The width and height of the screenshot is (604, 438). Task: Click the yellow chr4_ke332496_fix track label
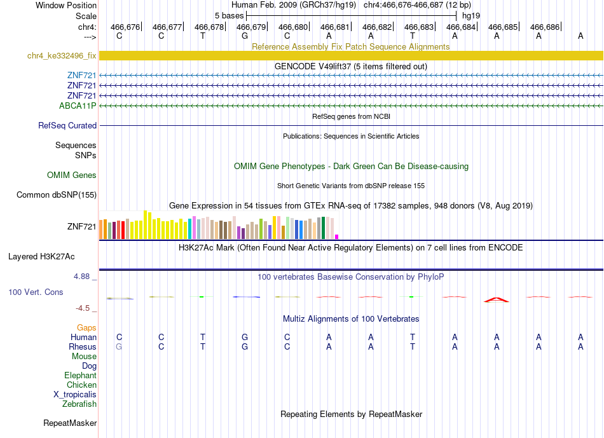[62, 56]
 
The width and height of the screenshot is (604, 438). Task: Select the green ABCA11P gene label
[78, 106]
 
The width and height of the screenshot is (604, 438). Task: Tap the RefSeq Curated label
[67, 126]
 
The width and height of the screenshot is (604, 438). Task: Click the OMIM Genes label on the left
[72, 175]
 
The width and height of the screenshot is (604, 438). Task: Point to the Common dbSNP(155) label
[57, 195]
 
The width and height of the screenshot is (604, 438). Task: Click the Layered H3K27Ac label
[41, 257]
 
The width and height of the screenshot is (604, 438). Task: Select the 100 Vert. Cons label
[36, 292]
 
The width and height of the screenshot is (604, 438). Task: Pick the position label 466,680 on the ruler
[293, 27]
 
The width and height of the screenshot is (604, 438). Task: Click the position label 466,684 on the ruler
[461, 27]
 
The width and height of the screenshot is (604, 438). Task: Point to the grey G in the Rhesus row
[119, 346]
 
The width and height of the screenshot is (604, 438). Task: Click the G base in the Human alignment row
[245, 337]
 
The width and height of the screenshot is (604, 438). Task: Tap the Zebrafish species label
[79, 404]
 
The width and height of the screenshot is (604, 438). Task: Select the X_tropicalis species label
[75, 395]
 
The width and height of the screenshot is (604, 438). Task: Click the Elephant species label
[81, 375]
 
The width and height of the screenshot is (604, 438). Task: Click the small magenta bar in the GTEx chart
[337, 237]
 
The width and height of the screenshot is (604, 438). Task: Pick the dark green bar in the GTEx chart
[323, 228]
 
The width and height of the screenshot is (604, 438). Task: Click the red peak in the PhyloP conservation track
[497, 299]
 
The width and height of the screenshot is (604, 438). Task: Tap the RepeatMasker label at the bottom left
[70, 423]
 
